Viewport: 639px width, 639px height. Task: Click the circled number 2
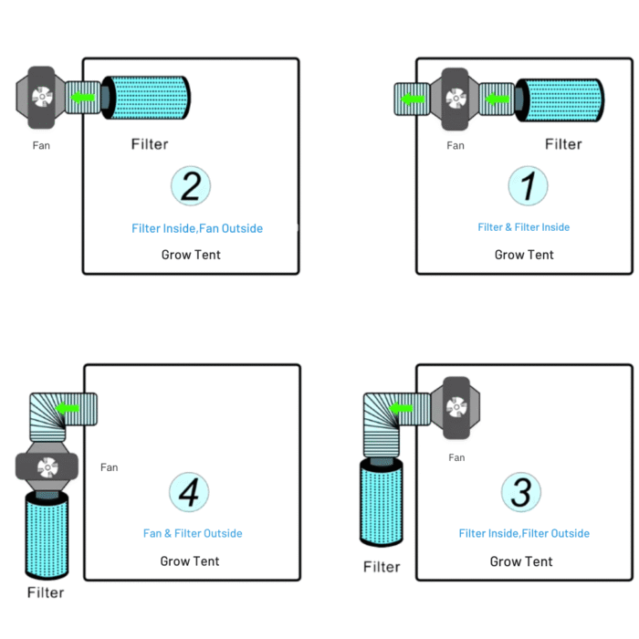191,186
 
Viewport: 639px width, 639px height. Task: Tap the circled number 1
528,186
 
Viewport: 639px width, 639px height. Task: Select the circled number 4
189,492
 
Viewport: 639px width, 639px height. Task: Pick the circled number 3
521,492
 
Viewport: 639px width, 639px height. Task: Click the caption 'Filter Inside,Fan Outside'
197,228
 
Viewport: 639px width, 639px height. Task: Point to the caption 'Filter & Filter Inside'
524,227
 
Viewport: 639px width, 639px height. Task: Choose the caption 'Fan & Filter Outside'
193,533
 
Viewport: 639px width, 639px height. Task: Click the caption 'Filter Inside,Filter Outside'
524,533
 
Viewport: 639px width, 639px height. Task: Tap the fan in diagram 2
41,98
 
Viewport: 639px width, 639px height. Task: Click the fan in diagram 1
456,99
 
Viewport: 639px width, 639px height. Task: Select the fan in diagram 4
47,466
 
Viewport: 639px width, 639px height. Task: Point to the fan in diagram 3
456,407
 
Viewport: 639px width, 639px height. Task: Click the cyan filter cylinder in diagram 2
146,98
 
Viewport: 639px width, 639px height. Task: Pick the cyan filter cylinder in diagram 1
560,100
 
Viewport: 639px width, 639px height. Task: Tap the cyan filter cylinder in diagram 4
47,535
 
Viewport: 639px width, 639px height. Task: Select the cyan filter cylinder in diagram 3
382,502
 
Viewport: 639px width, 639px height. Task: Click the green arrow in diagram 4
67,408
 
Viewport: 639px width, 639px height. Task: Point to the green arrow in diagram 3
401,408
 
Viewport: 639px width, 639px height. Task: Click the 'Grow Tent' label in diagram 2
191,255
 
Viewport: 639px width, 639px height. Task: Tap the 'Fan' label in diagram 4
110,467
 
